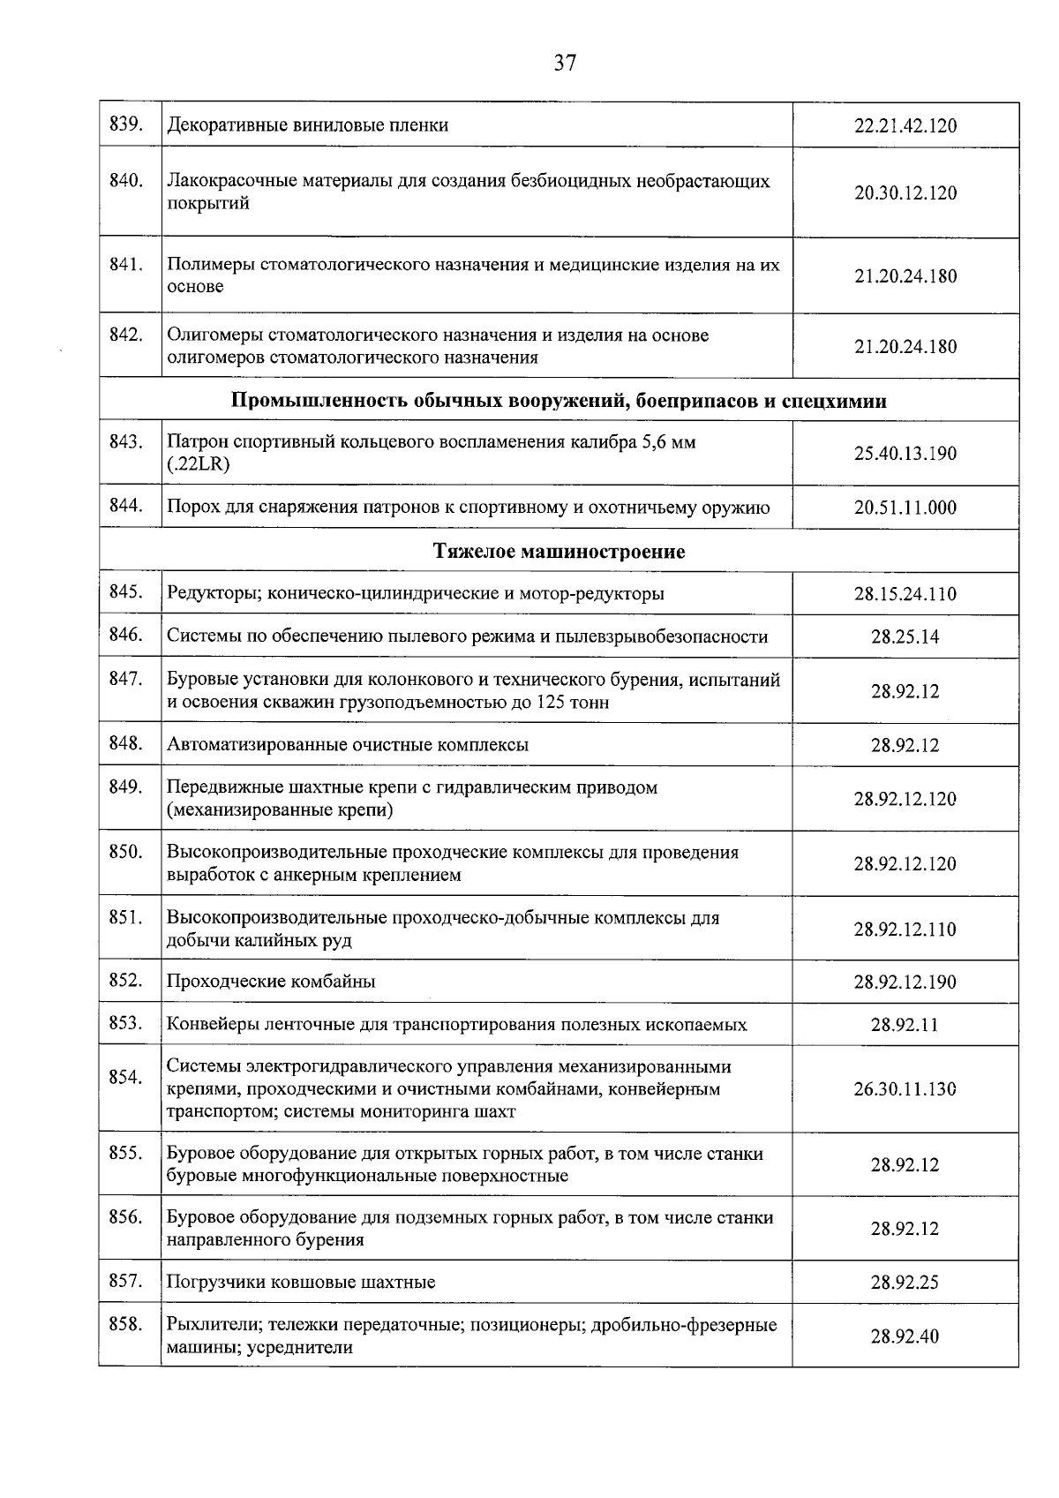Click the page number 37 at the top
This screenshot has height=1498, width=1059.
pyautogui.click(x=565, y=63)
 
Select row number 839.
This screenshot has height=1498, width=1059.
pyautogui.click(x=126, y=124)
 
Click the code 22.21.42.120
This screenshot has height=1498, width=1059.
pyautogui.click(x=905, y=125)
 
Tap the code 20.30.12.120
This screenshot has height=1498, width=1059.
pyautogui.click(x=905, y=193)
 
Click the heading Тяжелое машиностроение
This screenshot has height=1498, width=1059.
pyautogui.click(x=559, y=552)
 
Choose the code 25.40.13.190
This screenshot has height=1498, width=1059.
pyautogui.click(x=905, y=454)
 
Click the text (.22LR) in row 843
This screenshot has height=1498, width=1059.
pyautogui.click(x=199, y=465)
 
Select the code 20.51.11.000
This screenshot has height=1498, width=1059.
pyautogui.click(x=905, y=508)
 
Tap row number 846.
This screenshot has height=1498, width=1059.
pyautogui.click(x=126, y=635)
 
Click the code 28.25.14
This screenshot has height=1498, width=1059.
pyautogui.click(x=905, y=636)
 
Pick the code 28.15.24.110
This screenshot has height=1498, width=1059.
pyautogui.click(x=905, y=594)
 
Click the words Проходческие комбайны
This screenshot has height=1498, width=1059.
pyautogui.click(x=271, y=982)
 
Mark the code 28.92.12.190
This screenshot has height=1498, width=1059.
pyautogui.click(x=905, y=982)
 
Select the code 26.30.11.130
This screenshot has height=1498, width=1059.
pyautogui.click(x=905, y=1088)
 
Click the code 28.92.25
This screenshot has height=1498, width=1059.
pyautogui.click(x=905, y=1283)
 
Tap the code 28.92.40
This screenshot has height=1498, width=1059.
pyautogui.click(x=905, y=1336)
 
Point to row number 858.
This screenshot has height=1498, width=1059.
pyautogui.click(x=126, y=1325)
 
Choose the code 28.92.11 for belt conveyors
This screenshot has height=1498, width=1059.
pyautogui.click(x=905, y=1025)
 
